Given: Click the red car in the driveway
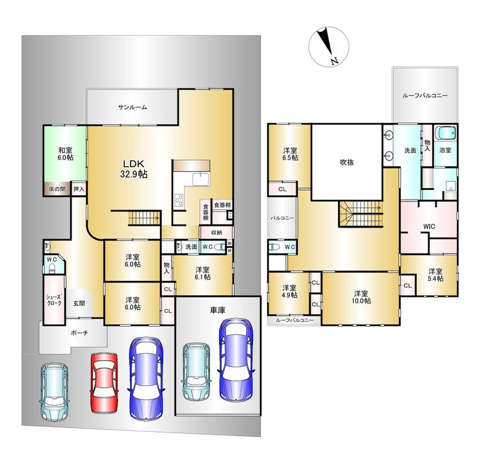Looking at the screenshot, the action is [104, 383].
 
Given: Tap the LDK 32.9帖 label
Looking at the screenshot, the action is [133, 169].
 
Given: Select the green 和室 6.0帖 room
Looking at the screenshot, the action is [65, 154].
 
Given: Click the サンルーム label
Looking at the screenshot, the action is [133, 107].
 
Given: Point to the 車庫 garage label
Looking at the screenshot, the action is [218, 310].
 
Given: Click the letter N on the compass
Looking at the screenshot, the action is [334, 61].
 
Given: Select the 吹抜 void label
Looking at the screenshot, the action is [346, 163].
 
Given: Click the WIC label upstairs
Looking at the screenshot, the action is [429, 226].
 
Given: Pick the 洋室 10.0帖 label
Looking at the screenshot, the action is [361, 297].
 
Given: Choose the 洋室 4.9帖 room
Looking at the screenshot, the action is [289, 293].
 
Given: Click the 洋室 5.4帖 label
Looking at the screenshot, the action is [435, 275].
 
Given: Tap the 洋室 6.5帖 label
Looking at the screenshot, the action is [290, 154].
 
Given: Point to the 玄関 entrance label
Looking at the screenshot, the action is [79, 303].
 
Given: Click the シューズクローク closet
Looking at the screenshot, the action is [54, 300].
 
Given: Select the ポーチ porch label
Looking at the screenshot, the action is [79, 332].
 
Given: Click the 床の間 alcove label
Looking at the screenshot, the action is [57, 189].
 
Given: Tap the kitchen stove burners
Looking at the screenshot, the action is [179, 201].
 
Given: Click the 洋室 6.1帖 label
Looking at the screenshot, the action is [203, 273].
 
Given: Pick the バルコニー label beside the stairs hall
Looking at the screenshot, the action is [283, 218].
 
